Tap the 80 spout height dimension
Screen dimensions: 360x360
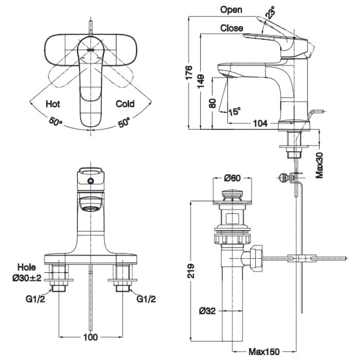pyautogui.click(x=212, y=103)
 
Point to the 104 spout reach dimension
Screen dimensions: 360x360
pyautogui.click(x=260, y=123)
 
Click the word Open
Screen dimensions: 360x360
pyautogui.click(x=231, y=10)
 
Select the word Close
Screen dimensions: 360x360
pyautogui.click(x=232, y=28)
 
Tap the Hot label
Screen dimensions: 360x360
pyautogui.click(x=53, y=104)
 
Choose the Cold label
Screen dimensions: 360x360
pyautogui.click(x=125, y=104)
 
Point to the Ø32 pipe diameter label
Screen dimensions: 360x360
pyautogui.click(x=207, y=311)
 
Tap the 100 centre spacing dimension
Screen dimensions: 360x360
pyautogui.click(x=90, y=337)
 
